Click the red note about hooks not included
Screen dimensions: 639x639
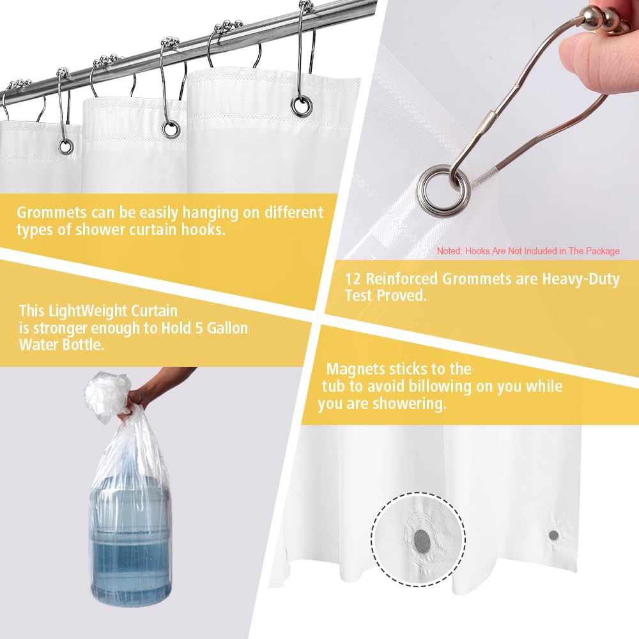coord(528,251)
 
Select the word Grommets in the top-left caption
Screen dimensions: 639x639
coord(51,212)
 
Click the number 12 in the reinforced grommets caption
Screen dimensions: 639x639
coord(353,279)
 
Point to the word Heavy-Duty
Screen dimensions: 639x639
coord(581,280)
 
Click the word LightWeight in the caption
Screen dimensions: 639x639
coord(82,311)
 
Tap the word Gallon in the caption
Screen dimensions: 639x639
coord(227,328)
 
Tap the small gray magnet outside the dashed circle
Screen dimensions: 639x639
coord(553,535)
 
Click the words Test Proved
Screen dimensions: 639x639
coord(385,295)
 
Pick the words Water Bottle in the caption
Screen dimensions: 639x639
coord(61,345)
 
